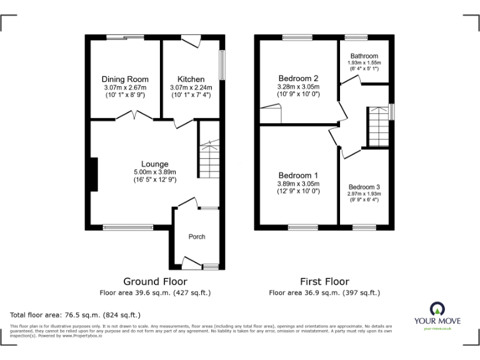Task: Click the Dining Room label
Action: click(125, 79)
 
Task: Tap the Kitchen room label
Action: click(191, 79)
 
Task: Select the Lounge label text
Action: click(154, 164)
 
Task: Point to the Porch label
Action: click(197, 236)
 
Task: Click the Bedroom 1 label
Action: click(298, 175)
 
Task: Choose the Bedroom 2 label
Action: click(298, 78)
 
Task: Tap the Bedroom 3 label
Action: click(364, 187)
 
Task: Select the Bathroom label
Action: click(364, 55)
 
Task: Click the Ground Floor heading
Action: click(155, 281)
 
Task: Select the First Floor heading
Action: click(324, 281)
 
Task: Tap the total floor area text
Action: click(76, 315)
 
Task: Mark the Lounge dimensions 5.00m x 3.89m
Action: click(154, 172)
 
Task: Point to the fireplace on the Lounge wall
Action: click(93, 174)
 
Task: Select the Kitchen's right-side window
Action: click(221, 64)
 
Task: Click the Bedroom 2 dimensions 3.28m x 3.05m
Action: click(298, 87)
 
